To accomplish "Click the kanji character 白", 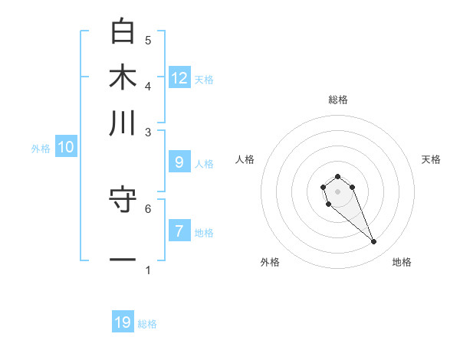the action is [123, 31].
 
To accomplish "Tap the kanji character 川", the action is [123, 123].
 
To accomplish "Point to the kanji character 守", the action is [123, 201].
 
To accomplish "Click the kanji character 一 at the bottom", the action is [123, 260].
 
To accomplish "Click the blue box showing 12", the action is [179, 78].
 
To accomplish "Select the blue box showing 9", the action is [179, 162].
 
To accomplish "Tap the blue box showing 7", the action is [179, 231].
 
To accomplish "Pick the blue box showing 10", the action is [66, 148].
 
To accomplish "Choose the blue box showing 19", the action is [123, 322].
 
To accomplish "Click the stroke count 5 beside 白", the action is [148, 40].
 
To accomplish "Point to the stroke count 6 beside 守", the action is [148, 208].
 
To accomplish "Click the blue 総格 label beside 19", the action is [147, 324].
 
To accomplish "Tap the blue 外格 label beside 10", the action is [41, 149].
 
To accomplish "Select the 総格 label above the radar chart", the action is [337, 100].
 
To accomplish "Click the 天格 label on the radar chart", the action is [431, 159].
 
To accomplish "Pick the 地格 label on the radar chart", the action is [402, 262].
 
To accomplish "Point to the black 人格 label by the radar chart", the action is [245, 159].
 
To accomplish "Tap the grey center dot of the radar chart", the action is [337, 191].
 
